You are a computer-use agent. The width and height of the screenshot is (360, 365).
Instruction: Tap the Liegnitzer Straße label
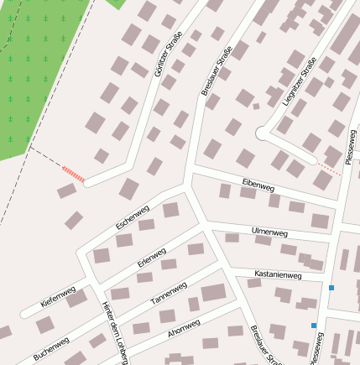(300, 82)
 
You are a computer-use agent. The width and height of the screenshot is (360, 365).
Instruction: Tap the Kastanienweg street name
(278, 274)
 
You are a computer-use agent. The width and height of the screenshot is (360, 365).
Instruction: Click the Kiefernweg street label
(58, 296)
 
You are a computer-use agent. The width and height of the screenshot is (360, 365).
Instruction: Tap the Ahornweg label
(184, 328)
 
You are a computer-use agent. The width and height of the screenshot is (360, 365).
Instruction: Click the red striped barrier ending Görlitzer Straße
(74, 174)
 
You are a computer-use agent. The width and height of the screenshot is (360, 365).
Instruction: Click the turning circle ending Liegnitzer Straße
(263, 133)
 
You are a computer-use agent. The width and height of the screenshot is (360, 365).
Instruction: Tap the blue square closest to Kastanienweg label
(331, 288)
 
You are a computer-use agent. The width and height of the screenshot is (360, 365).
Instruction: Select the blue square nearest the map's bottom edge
(314, 326)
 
